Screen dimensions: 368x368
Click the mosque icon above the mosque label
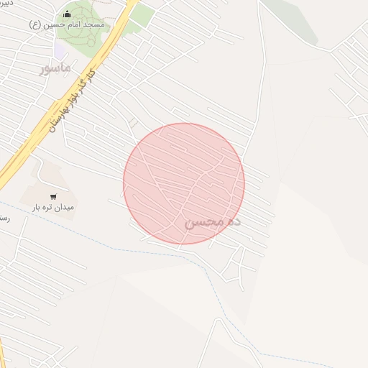pos(68,14)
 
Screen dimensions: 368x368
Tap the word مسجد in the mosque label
pos(93,24)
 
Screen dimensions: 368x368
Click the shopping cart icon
pos(53,195)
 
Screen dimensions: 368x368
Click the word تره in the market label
pos(45,207)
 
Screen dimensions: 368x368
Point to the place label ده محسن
pos(213,222)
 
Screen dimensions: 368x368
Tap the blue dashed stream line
pos(108,244)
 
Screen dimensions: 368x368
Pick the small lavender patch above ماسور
pos(60,50)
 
